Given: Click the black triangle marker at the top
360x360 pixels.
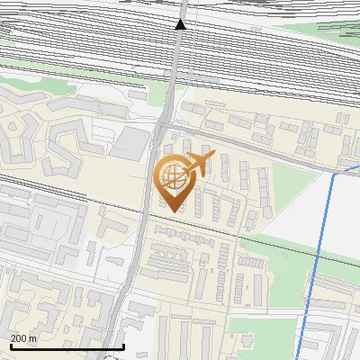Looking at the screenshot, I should (181, 23).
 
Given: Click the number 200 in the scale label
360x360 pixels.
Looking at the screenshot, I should (19, 338).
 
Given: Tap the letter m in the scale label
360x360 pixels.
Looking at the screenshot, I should (33, 338).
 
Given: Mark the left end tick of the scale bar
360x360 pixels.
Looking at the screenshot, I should (10, 346).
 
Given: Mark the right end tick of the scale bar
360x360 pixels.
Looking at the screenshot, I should (123, 346).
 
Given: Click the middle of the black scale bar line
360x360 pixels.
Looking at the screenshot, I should (67, 346).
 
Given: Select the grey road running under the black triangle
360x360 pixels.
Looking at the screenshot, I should (170, 81).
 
